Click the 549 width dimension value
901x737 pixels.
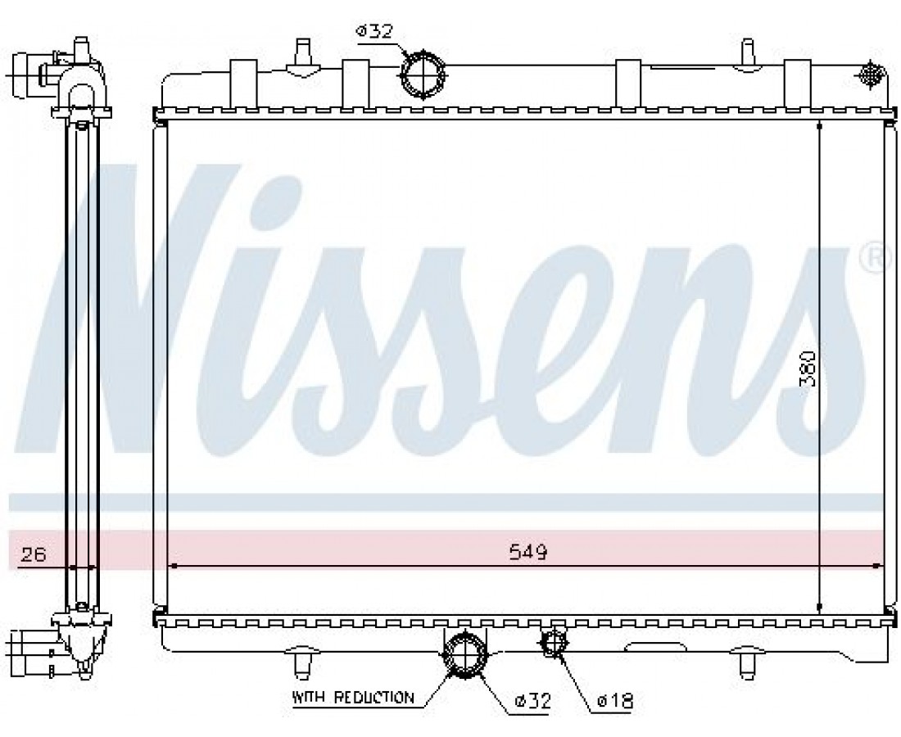[x=528, y=553]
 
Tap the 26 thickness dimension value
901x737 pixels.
[x=33, y=555]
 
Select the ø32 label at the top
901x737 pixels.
[x=374, y=31]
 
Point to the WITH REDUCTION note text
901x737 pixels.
[x=353, y=698]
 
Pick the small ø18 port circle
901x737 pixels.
[x=554, y=644]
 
